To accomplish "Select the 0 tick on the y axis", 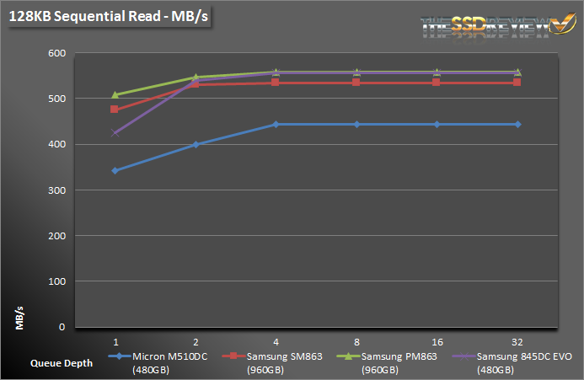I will point(62,327).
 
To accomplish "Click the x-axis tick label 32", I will point(517,340).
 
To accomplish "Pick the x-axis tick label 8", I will point(356,340).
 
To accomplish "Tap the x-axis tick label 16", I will point(437,340).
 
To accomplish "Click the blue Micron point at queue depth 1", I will point(115,170).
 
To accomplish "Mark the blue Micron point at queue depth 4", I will point(276,124).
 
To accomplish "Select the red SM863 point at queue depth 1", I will point(115,110).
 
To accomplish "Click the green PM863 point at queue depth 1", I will point(115,94).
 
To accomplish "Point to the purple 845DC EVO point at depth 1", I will point(115,132).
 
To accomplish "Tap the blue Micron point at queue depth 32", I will point(517,124).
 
